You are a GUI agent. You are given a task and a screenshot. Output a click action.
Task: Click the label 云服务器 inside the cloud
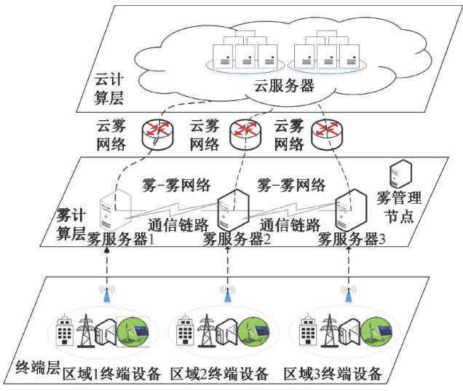[x=284, y=86]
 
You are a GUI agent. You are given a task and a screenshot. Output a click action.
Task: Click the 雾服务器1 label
[x=122, y=238]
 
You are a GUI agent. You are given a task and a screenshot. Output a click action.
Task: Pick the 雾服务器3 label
[x=352, y=239]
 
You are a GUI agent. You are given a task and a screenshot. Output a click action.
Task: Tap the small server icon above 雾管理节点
[x=400, y=173]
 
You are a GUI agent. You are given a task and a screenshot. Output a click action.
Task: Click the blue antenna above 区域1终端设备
[x=106, y=292]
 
